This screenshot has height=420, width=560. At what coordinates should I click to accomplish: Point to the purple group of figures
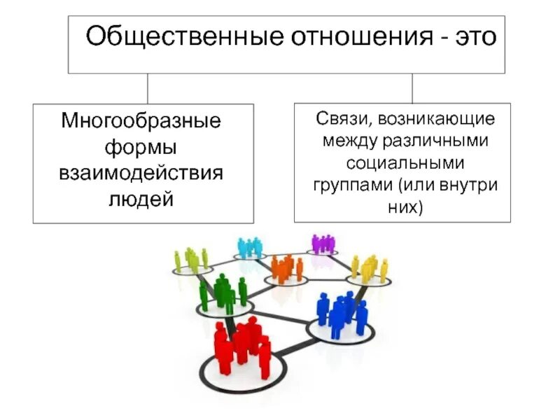[323, 243]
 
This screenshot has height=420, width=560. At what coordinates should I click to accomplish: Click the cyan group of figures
[249, 246]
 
